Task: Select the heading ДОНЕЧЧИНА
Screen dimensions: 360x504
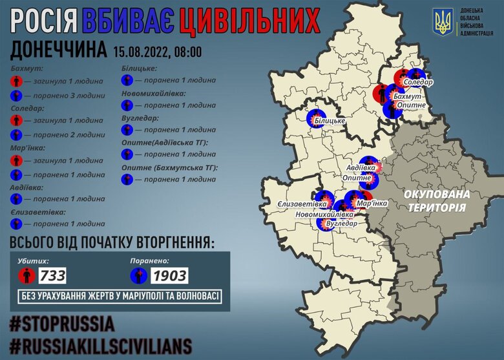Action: coord(58,49)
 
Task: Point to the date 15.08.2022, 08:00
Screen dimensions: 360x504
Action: coord(157,50)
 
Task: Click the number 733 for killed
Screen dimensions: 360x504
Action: coord(53,276)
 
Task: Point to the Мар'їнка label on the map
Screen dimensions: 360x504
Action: coord(372,204)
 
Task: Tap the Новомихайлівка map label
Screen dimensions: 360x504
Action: coord(324,214)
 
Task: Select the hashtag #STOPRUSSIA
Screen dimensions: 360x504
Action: coord(63,323)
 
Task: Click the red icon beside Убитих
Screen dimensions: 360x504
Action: coord(26,276)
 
